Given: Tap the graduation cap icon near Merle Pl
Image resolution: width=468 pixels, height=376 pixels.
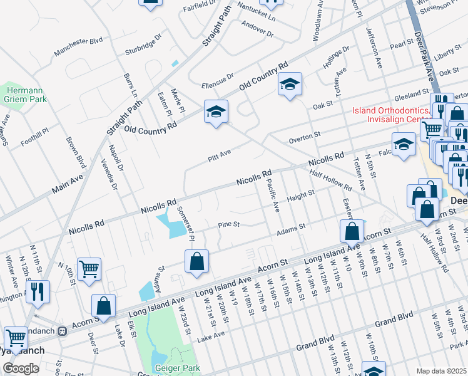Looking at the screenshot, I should coord(216,112).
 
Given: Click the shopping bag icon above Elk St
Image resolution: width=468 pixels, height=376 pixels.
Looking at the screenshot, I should coord(104,306).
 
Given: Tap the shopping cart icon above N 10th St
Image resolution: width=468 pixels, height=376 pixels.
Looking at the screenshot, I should coord(89,269).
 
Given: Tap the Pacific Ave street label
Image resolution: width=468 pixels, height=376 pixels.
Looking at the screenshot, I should coord(272,195).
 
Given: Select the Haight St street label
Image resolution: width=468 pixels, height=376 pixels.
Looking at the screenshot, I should coord(300,196).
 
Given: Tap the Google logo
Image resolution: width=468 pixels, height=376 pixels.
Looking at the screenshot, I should coord(21,368).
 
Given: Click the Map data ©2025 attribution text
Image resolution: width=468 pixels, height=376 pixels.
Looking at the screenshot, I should coord(440,371).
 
